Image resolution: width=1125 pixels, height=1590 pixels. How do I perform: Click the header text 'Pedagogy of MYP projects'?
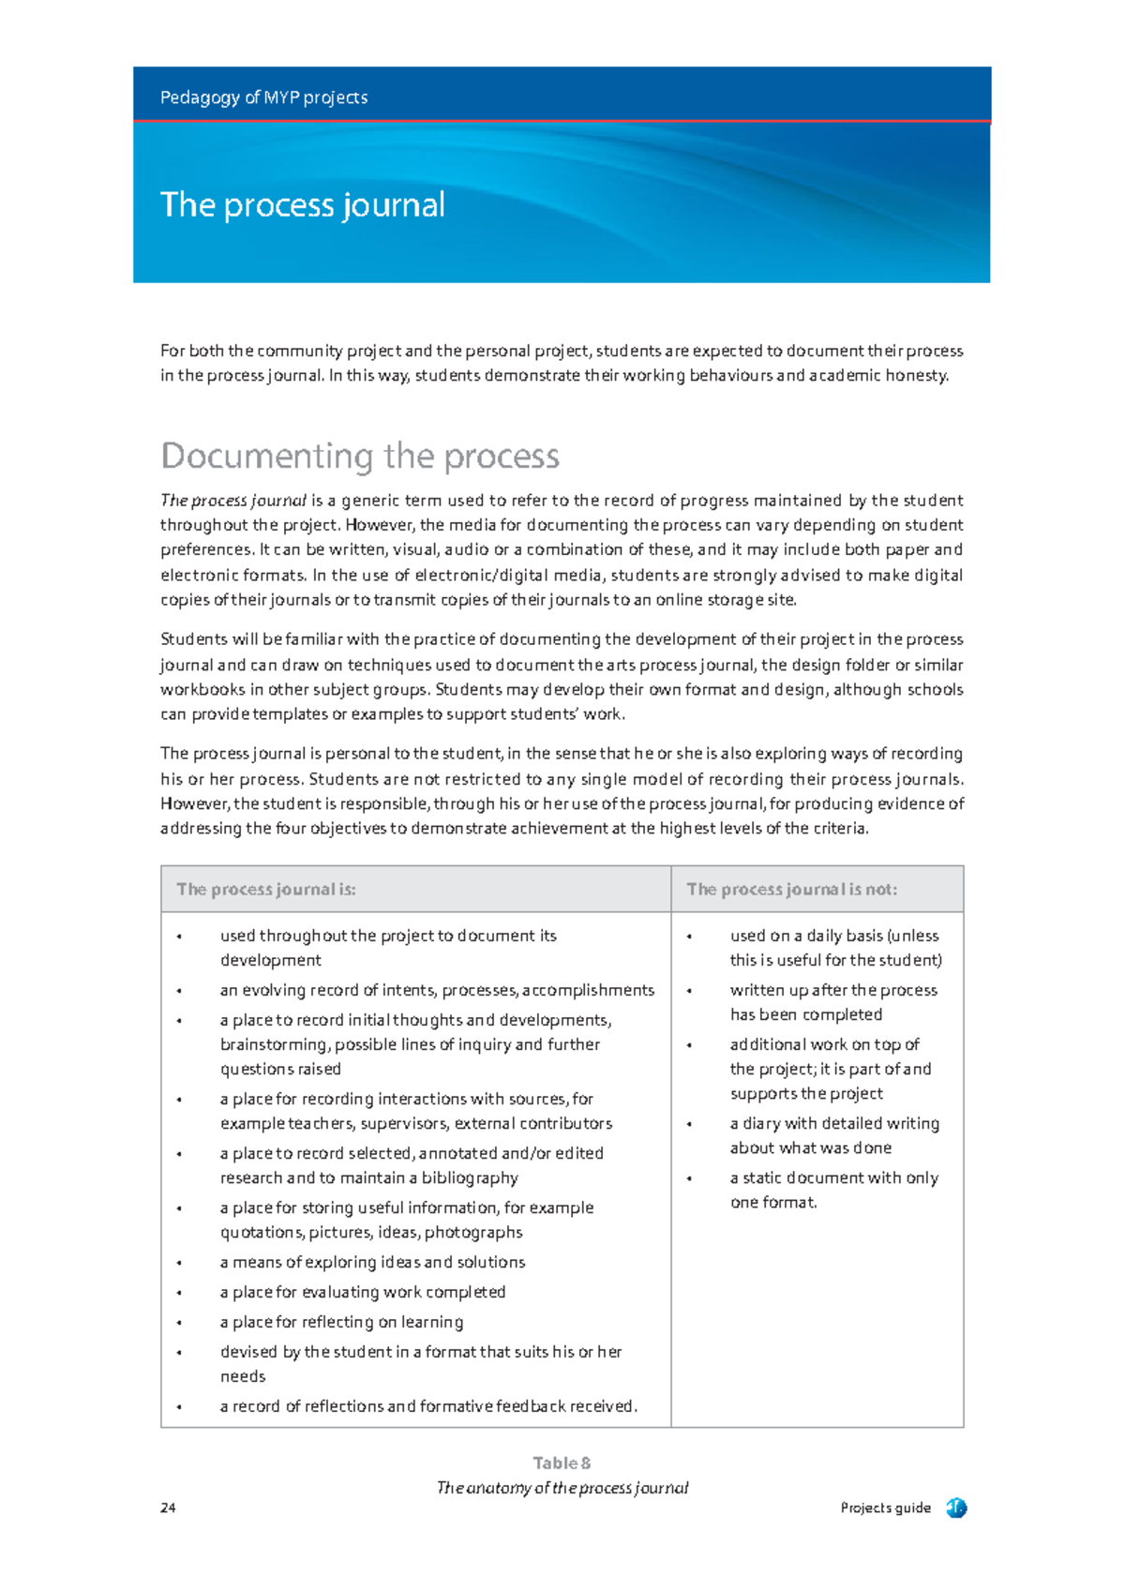[x=263, y=97]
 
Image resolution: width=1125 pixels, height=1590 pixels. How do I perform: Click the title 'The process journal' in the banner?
[x=302, y=204]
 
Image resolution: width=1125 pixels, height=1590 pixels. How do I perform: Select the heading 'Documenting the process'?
[x=360, y=456]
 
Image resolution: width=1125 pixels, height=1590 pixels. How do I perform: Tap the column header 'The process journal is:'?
[x=266, y=889]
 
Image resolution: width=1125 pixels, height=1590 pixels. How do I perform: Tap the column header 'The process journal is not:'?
[x=791, y=889]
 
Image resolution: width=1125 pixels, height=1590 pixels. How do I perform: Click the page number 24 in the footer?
[x=168, y=1507]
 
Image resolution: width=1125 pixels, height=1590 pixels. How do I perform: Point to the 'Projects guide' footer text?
[x=885, y=1507]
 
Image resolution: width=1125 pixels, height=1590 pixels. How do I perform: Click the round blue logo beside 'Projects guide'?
[x=955, y=1507]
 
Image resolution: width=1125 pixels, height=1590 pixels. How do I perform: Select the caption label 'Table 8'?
[x=562, y=1462]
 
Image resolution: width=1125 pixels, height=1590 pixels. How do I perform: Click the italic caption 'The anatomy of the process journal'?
[x=562, y=1487]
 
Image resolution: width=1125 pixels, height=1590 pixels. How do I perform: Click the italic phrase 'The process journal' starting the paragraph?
[x=233, y=501]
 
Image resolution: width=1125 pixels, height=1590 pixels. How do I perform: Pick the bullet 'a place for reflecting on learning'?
[x=341, y=1322]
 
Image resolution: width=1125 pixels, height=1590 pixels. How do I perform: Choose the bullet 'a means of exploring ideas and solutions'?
[x=372, y=1262]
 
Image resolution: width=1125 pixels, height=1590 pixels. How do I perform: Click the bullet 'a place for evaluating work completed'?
[x=363, y=1292]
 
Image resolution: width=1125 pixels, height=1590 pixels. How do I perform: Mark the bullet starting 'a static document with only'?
[x=833, y=1177]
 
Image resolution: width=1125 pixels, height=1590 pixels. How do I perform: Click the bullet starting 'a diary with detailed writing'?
[x=834, y=1123]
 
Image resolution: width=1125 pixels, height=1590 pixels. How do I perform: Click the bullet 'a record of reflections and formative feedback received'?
[x=428, y=1406]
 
